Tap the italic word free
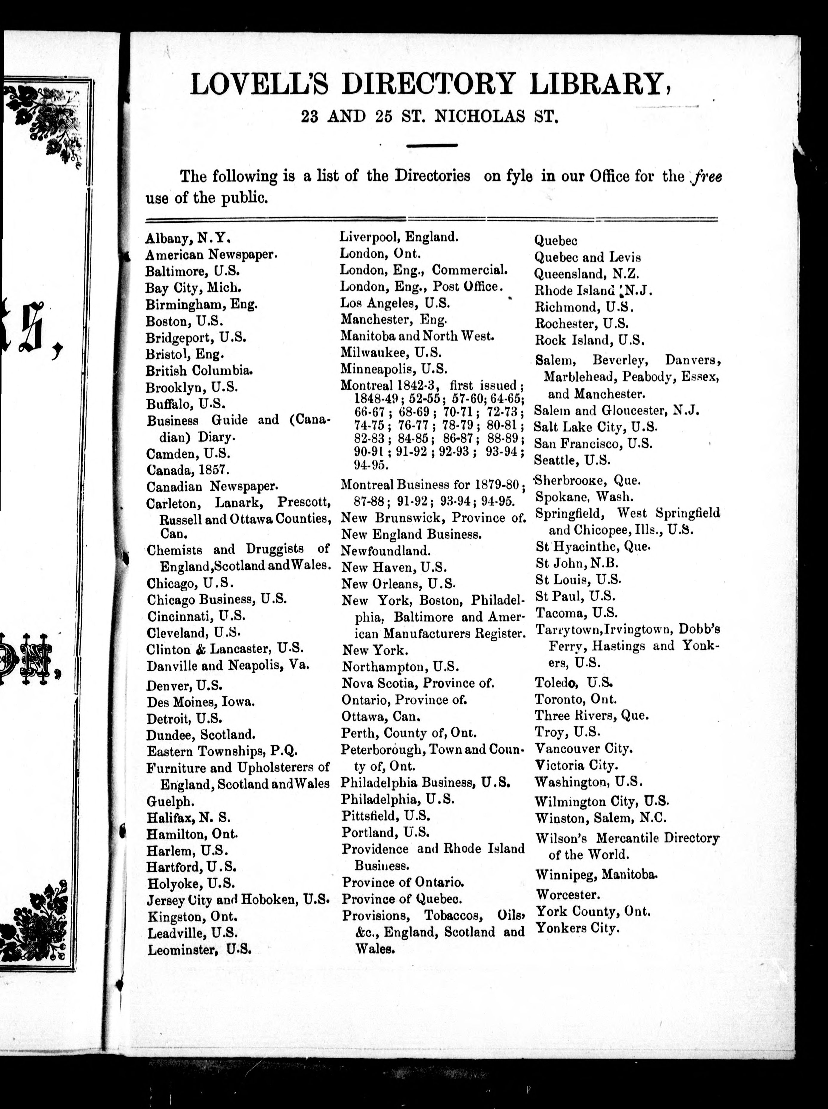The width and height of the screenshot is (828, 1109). [x=707, y=177]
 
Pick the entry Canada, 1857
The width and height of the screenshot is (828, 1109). [x=188, y=470]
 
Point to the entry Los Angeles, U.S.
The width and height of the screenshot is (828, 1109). [x=395, y=303]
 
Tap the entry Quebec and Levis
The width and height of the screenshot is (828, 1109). [x=587, y=258]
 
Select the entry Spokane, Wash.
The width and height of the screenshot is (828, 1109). [x=584, y=497]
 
